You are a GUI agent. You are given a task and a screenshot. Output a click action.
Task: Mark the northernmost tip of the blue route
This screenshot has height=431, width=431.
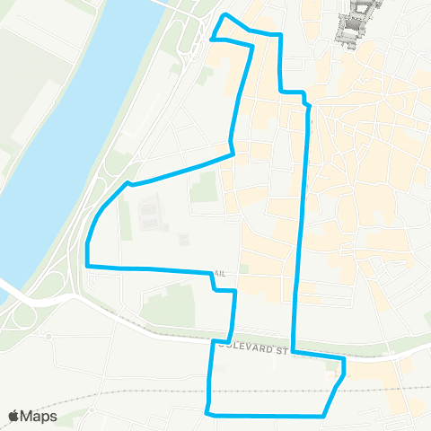[224, 16]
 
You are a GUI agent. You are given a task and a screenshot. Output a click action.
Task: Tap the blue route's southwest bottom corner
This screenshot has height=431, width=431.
[208, 413]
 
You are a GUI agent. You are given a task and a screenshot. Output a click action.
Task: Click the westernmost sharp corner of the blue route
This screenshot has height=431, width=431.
[87, 266]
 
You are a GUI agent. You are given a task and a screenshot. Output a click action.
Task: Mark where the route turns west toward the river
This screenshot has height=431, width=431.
[233, 154]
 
